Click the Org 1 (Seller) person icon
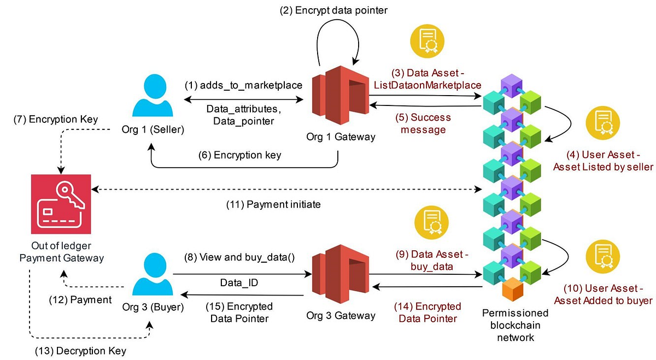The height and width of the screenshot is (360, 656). click(x=153, y=96)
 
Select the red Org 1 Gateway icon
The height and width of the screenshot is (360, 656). click(x=340, y=95)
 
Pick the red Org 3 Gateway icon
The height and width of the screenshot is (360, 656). click(x=340, y=274)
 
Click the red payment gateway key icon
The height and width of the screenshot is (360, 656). click(x=61, y=204)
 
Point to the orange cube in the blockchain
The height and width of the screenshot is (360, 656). click(x=513, y=289)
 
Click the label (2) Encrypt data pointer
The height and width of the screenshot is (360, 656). click(x=333, y=10)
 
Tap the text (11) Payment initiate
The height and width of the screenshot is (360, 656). click(x=273, y=204)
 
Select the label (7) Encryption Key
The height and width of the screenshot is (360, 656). click(x=56, y=119)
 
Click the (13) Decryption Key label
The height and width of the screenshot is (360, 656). click(x=80, y=351)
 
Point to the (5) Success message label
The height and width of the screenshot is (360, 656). click(x=423, y=123)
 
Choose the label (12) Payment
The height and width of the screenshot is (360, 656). click(x=80, y=300)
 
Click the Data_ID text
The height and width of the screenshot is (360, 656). click(x=239, y=283)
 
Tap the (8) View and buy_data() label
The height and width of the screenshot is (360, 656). click(x=239, y=257)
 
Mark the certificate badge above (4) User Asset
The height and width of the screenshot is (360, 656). click(x=602, y=123)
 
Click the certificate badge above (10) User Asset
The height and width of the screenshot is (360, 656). click(x=602, y=257)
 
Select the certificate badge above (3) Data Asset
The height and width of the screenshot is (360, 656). click(x=427, y=41)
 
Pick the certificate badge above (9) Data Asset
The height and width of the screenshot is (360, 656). click(x=432, y=222)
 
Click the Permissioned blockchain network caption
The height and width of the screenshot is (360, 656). click(x=516, y=325)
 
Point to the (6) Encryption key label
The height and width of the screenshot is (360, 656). click(x=239, y=155)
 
